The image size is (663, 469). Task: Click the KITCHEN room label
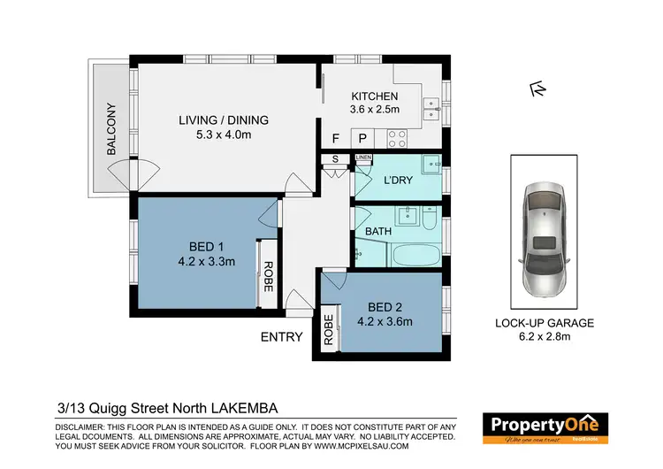coord(375,96)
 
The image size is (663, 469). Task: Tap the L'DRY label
coord(398,180)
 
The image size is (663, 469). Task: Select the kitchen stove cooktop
coord(397,138)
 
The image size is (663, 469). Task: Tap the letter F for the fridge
coord(335,139)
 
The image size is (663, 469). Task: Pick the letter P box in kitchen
coord(362,139)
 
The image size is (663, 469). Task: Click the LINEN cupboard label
coord(363,158)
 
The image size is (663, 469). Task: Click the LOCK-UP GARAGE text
coord(544,323)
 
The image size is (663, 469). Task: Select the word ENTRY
coord(281,336)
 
